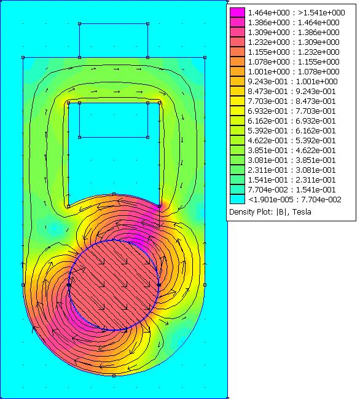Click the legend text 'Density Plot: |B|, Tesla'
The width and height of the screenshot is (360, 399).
click(x=270, y=212)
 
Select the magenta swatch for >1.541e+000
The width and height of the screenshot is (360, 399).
click(x=238, y=12)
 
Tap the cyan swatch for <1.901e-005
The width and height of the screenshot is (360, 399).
click(x=238, y=199)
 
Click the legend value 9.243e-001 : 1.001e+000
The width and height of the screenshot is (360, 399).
click(x=292, y=81)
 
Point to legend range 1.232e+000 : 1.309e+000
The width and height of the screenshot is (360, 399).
click(x=294, y=42)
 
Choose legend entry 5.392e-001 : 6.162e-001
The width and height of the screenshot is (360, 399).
click(x=292, y=130)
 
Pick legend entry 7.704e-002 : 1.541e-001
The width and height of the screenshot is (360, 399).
click(x=292, y=189)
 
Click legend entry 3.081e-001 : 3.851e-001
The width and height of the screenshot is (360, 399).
click(x=292, y=160)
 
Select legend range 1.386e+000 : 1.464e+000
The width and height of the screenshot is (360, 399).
click(x=294, y=22)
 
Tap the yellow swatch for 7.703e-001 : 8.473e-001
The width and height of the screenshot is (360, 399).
click(x=238, y=101)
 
